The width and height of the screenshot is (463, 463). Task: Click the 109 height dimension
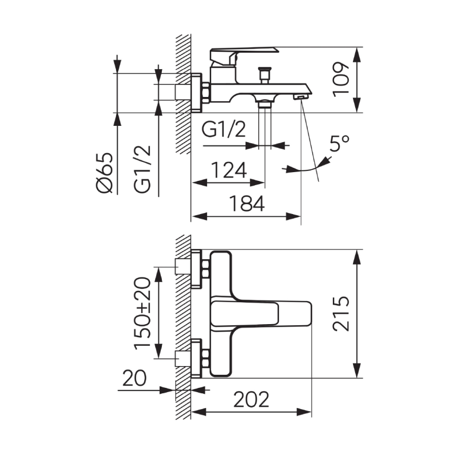click(x=342, y=79)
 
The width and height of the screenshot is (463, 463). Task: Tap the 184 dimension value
click(x=247, y=204)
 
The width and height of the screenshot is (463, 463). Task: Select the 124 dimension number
click(x=229, y=170)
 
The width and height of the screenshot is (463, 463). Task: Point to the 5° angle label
click(x=340, y=143)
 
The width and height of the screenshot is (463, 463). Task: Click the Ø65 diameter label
click(x=105, y=173)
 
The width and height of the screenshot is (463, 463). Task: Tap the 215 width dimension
click(x=341, y=313)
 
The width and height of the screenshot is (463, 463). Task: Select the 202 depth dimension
click(x=251, y=399)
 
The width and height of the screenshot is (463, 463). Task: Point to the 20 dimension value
click(x=135, y=378)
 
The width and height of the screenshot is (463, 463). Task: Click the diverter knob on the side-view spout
click(x=264, y=76)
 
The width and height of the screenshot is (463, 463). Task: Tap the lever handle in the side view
click(x=244, y=57)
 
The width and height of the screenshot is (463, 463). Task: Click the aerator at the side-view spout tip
click(x=301, y=96)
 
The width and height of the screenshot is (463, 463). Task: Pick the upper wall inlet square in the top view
click(x=184, y=266)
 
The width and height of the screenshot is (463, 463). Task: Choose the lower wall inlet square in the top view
click(x=184, y=358)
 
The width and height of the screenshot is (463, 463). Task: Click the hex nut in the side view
click(x=206, y=93)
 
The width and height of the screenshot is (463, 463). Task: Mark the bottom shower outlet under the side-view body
click(x=265, y=105)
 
